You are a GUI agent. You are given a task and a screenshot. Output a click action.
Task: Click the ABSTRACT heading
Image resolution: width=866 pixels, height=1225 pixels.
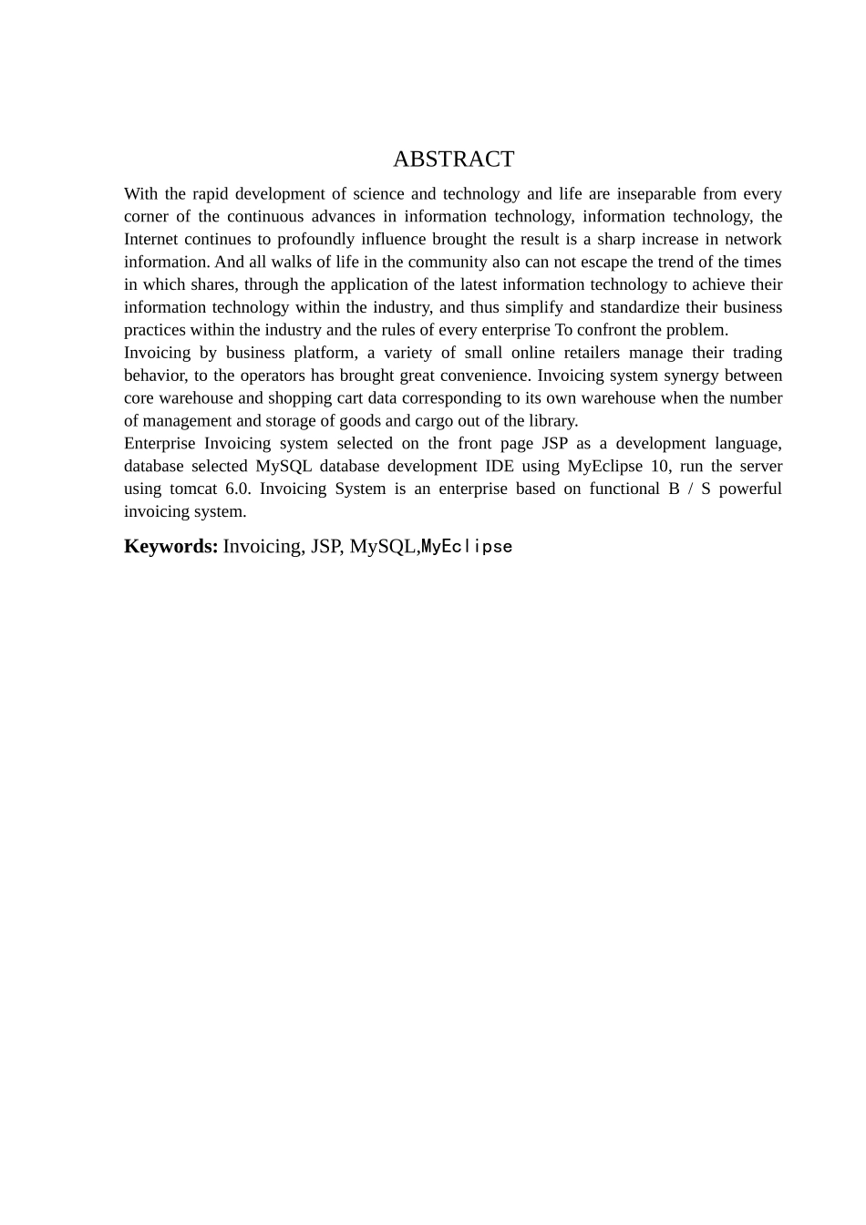point(453,160)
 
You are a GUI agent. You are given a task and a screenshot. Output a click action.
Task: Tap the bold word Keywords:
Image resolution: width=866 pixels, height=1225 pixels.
point(170,546)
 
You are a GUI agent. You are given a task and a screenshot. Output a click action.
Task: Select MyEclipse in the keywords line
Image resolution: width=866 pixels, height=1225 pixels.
point(467,547)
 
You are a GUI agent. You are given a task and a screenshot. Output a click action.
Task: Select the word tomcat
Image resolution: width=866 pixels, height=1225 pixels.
point(193,489)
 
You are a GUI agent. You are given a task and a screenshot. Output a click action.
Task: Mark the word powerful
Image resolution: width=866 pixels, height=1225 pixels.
point(750,489)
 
